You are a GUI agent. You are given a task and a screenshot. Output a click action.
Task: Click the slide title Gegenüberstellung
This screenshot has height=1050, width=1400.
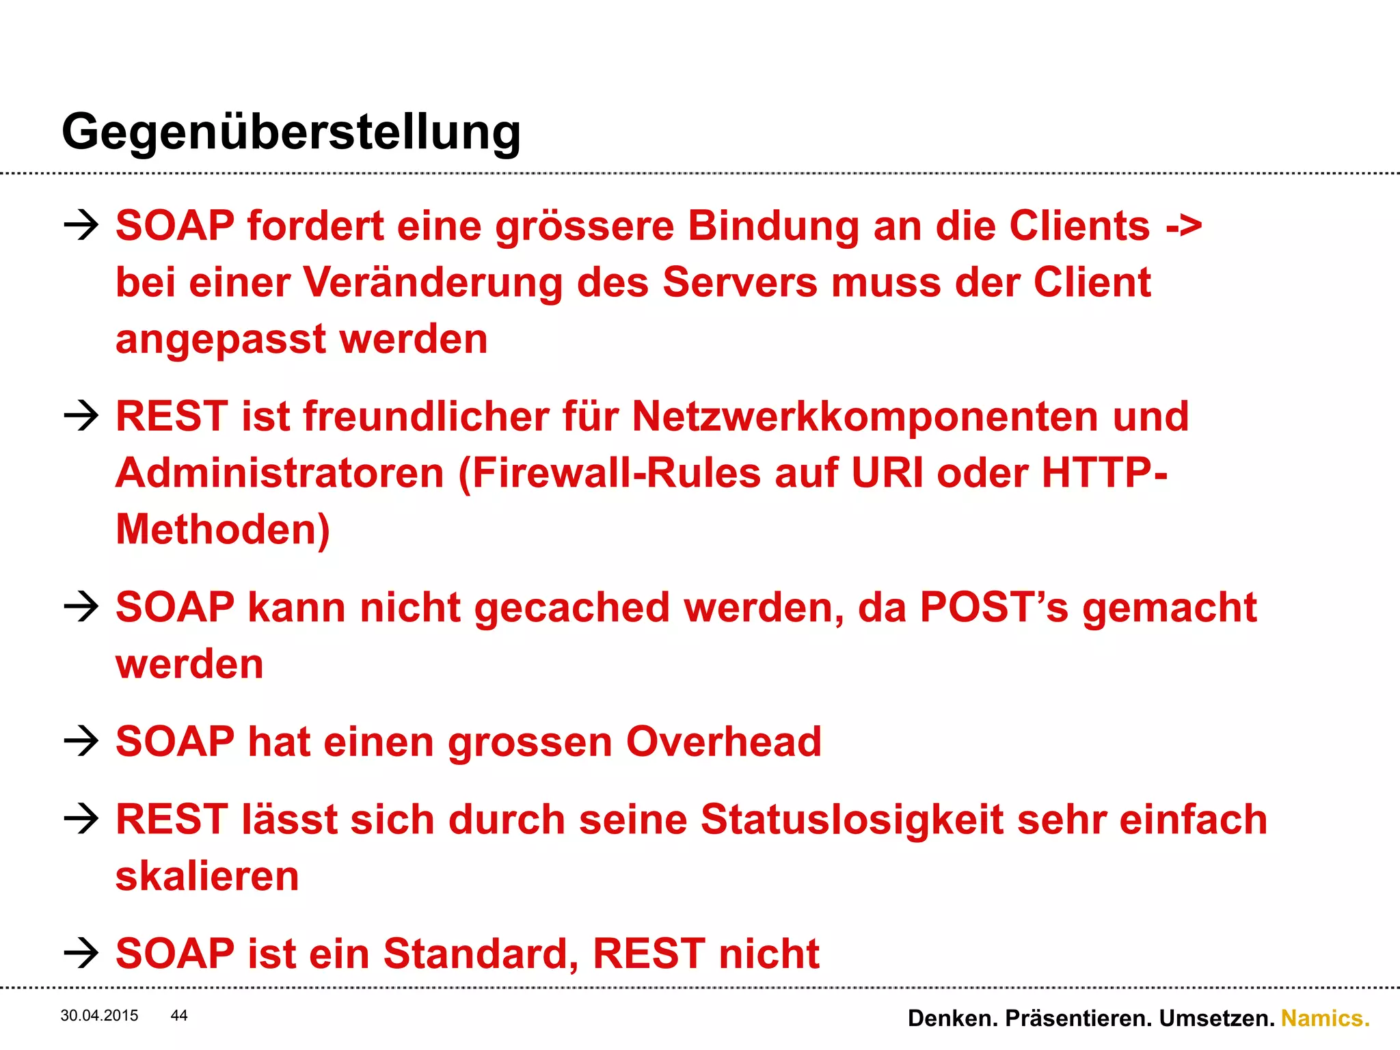click(291, 132)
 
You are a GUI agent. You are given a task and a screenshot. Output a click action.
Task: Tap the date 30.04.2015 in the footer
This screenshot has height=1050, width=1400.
click(99, 1015)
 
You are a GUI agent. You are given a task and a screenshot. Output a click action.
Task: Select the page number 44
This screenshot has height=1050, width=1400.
click(179, 1015)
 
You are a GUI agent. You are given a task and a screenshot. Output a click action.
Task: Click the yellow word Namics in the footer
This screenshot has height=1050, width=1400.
click(1325, 1018)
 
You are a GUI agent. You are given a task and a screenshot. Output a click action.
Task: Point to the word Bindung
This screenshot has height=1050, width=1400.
click(772, 226)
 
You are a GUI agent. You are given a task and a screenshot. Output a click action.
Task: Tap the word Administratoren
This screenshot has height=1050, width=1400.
click(280, 473)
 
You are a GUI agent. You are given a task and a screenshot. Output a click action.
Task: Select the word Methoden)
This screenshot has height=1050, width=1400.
click(223, 530)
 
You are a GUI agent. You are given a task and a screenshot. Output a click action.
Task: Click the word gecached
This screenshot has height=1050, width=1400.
click(571, 608)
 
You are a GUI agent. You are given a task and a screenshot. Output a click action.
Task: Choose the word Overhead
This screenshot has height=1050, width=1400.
click(723, 742)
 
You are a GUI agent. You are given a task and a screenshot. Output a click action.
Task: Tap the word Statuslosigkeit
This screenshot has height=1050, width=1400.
click(852, 820)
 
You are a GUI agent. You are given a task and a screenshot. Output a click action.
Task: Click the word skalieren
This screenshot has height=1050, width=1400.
click(207, 876)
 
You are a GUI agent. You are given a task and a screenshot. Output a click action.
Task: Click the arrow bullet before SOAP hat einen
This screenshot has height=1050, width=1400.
click(81, 742)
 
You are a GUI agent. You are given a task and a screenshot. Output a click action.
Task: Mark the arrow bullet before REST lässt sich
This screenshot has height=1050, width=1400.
click(81, 819)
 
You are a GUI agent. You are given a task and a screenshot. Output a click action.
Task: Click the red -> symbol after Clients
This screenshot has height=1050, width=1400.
click(1184, 227)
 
